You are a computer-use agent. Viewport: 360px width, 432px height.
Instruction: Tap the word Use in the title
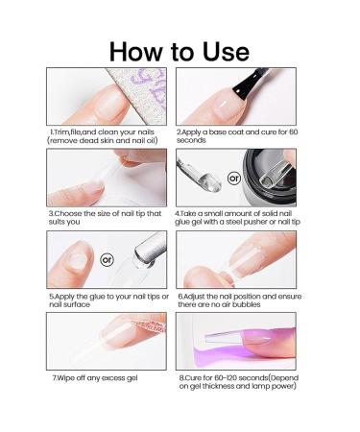[222, 50]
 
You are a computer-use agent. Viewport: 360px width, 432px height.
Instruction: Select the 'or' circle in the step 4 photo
[233, 179]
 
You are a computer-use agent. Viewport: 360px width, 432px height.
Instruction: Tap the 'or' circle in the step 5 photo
[108, 259]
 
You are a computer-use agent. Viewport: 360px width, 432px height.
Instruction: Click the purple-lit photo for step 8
[236, 340]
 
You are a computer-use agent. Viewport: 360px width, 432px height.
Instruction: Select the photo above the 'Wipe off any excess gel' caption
[108, 340]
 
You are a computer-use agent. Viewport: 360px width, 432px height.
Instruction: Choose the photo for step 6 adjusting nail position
[236, 259]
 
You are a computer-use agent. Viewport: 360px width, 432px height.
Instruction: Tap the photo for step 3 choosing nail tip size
[108, 179]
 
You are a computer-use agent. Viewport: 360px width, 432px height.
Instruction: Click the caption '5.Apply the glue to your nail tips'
[108, 300]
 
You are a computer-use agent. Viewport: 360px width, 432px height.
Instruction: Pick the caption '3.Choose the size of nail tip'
[106, 217]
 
